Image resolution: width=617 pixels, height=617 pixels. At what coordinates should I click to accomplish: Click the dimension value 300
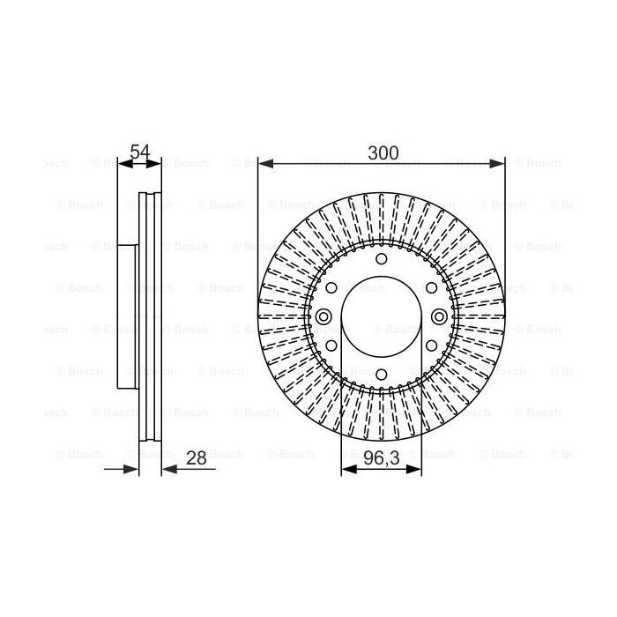[383, 153]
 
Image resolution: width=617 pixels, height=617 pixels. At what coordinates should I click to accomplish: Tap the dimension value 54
[140, 152]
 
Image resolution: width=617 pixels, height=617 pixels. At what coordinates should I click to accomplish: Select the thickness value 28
[197, 458]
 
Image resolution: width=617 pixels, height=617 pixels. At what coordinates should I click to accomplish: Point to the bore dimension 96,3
[382, 458]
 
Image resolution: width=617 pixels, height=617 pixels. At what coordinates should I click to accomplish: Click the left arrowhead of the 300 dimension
[266, 163]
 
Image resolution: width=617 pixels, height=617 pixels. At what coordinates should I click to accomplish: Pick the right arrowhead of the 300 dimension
[496, 163]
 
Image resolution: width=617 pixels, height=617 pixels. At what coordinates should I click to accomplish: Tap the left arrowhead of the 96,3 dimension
[349, 469]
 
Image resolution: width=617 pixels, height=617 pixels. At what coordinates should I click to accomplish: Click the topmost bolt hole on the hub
[382, 259]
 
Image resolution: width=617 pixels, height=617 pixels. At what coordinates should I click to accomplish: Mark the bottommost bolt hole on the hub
[382, 374]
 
